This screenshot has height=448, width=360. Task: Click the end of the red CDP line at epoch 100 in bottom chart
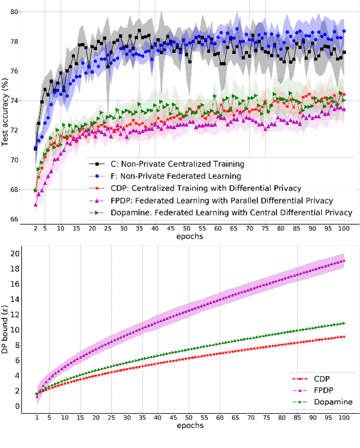pos(344,337)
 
